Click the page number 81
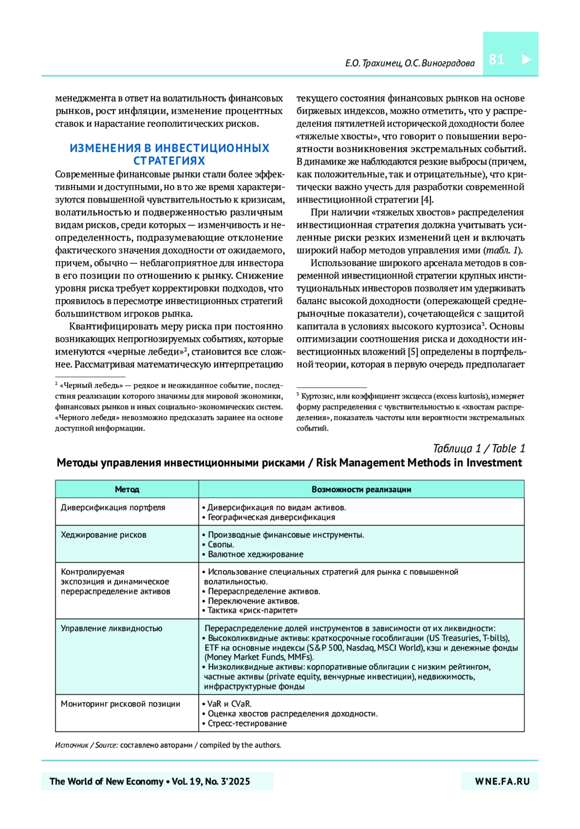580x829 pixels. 496,59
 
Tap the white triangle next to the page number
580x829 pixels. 526,59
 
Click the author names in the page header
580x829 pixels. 409,63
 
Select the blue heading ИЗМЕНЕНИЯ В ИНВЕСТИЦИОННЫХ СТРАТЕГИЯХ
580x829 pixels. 169,154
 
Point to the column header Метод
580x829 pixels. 127,489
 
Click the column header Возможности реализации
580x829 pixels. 361,489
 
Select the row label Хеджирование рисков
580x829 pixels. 103,535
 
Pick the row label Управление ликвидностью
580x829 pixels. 112,628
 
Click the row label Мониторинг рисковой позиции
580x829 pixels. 120,704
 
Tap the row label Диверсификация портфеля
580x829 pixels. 113,507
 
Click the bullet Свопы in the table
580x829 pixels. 220,545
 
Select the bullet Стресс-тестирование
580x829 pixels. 247,723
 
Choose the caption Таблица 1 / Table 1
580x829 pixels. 478,448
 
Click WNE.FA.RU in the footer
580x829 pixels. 502,781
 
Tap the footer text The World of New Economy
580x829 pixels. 106,781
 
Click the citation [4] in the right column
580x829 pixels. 427,200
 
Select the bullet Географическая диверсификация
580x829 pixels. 271,517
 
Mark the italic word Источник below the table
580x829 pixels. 72,745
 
